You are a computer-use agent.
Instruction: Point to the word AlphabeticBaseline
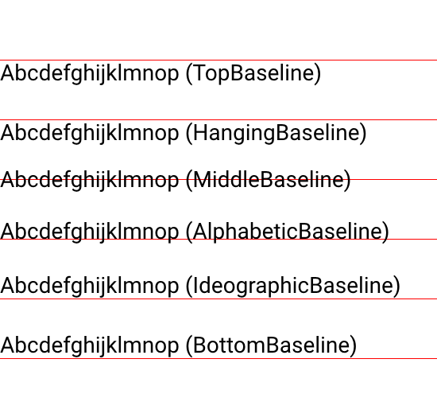coord(288,232)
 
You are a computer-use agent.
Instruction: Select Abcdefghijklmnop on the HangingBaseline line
coord(90,133)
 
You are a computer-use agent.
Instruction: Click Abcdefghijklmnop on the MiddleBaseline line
coord(90,180)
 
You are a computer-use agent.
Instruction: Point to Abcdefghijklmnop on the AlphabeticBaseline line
coord(90,232)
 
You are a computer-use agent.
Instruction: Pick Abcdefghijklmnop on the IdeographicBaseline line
coord(90,286)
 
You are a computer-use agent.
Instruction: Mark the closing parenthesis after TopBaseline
coord(318,74)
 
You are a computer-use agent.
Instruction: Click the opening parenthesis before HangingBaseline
coord(189,134)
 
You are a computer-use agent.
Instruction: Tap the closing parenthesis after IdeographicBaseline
coord(396,287)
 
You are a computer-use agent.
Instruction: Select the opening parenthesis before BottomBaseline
coord(189,346)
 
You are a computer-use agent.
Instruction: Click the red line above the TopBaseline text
coord(218,60)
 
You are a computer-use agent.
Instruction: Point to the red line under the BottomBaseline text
coord(218,359)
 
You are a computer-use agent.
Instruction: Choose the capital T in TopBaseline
coord(199,72)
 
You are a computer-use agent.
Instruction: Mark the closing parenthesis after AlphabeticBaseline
coord(385,232)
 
